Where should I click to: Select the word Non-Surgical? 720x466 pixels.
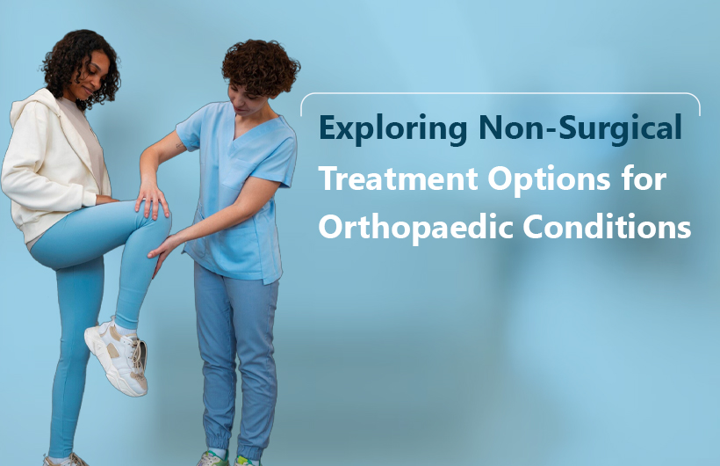tap(580, 128)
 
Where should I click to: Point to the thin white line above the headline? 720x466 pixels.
tap(500, 94)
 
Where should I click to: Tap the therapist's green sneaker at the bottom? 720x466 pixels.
tap(216, 459)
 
